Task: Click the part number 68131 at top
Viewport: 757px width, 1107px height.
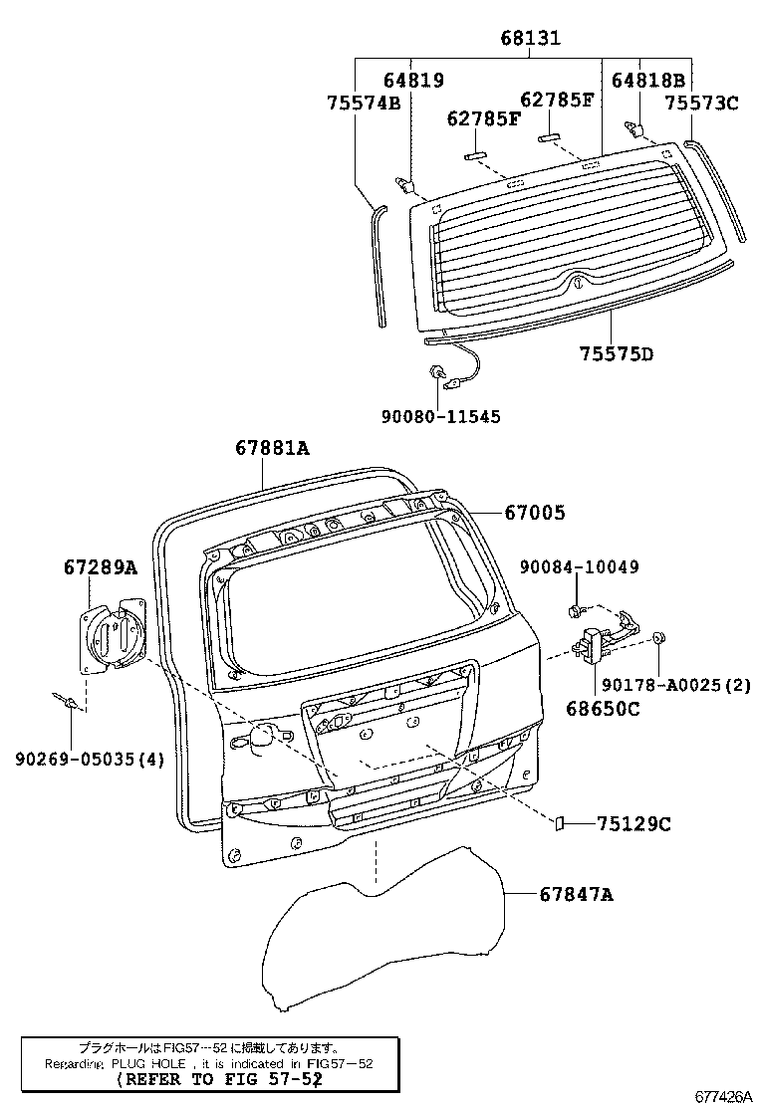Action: (530, 39)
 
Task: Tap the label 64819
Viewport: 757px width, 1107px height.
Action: (413, 81)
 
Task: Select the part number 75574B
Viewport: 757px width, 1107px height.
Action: (364, 102)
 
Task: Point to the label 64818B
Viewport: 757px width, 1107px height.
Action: (647, 81)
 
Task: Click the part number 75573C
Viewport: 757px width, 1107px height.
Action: (701, 102)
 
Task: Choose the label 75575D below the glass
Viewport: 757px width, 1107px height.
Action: (617, 353)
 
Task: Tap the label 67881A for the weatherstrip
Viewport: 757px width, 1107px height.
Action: (272, 448)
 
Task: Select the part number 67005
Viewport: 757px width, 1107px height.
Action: (534, 513)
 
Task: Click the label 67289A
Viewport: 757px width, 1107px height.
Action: (100, 567)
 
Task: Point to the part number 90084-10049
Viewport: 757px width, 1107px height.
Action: (579, 566)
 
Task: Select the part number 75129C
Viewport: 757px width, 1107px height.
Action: (634, 823)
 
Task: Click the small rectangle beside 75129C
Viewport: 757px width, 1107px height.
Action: (560, 823)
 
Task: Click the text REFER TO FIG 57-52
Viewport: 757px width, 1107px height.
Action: (218, 1079)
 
